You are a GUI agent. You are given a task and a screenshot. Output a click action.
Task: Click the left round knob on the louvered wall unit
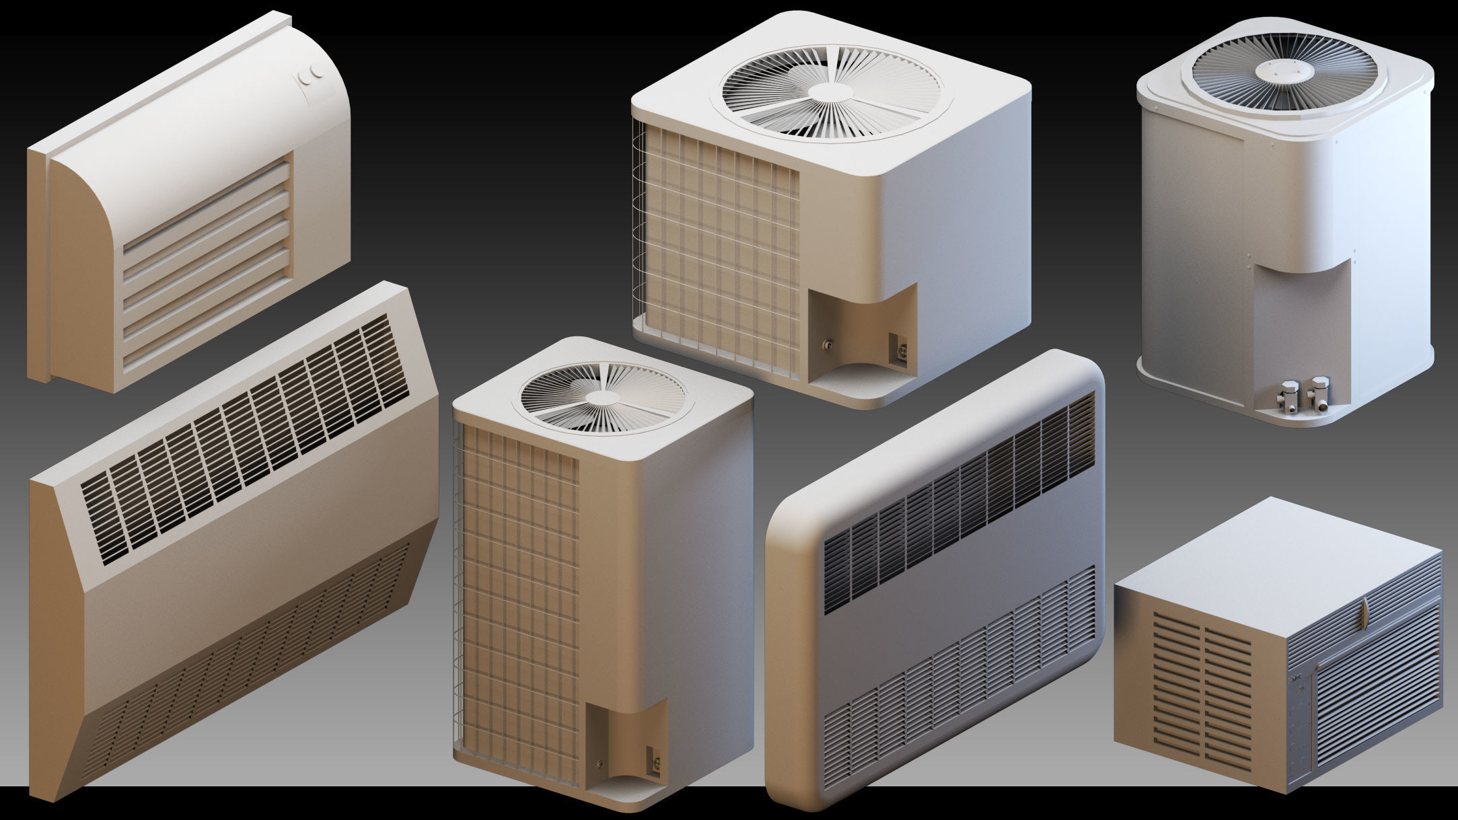tap(305, 79)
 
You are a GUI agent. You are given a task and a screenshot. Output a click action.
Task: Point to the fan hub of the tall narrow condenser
tap(598, 398)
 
